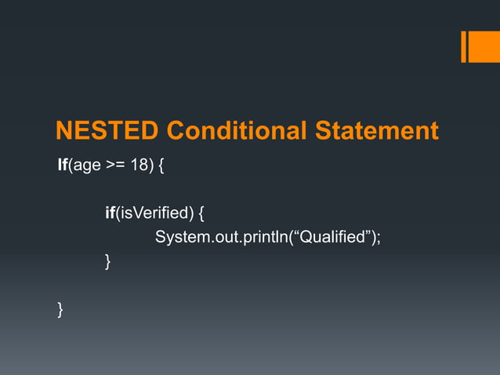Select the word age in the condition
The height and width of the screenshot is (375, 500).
88,166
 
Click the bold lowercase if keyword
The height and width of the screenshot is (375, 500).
110,213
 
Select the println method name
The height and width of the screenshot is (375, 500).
266,237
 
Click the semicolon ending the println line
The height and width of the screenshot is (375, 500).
379,238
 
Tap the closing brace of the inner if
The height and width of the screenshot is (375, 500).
107,262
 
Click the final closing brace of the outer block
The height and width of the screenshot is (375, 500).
60,310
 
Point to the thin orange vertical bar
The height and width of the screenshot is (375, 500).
463,46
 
